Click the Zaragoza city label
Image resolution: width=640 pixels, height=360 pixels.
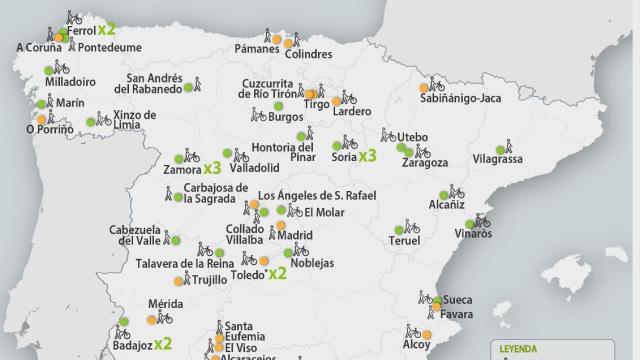[426, 162]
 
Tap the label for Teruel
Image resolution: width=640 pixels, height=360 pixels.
[404, 241]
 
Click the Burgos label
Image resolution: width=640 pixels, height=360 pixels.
[285, 116]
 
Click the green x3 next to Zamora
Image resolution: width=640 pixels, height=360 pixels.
[212, 169]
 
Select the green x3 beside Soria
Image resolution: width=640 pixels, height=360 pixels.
[367, 155]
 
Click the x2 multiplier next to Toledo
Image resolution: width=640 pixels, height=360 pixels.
[278, 272]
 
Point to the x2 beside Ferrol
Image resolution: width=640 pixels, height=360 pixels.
[107, 30]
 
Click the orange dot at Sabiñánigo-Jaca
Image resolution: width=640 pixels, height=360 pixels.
[425, 88]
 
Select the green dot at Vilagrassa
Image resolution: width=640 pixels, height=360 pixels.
[500, 148]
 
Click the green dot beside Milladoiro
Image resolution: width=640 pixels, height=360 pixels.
[48, 70]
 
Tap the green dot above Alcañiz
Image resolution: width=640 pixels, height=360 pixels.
[443, 196]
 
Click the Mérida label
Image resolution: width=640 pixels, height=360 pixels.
[163, 303]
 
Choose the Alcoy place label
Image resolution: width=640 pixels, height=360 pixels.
[416, 345]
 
